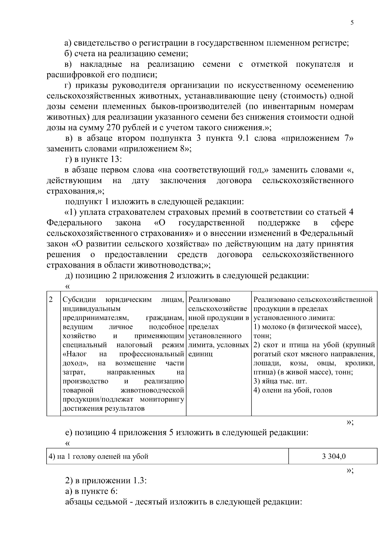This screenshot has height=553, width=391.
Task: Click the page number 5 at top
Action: (x=352, y=22)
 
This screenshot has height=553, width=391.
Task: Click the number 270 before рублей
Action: (x=113, y=127)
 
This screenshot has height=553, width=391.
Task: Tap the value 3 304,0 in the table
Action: (x=333, y=457)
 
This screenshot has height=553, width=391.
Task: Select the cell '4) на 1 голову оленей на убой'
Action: (x=98, y=457)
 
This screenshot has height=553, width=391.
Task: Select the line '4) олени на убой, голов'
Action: (x=292, y=390)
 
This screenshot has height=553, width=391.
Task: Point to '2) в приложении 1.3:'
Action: (x=106, y=481)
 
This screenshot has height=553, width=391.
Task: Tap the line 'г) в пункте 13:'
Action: (x=93, y=159)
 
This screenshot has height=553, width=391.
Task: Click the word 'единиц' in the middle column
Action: (x=200, y=354)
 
